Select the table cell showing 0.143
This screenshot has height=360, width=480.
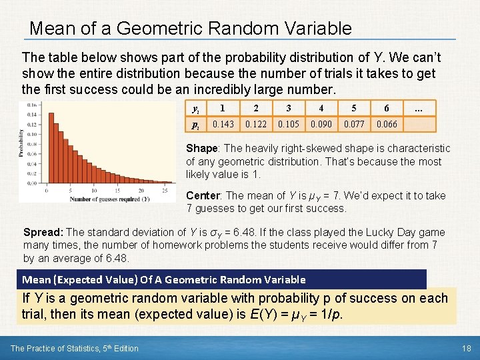(x=223, y=124)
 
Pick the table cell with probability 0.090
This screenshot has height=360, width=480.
(x=321, y=124)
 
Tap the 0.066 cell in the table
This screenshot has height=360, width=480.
(x=387, y=124)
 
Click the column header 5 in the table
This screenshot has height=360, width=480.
(x=354, y=109)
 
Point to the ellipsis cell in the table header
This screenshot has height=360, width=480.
(x=419, y=109)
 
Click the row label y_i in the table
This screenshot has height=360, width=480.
(x=195, y=109)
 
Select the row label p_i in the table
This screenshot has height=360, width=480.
(x=195, y=125)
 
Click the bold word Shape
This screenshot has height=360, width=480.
(x=201, y=148)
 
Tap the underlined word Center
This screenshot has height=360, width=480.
(x=204, y=195)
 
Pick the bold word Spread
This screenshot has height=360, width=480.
(x=43, y=233)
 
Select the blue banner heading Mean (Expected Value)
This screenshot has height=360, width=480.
(x=164, y=279)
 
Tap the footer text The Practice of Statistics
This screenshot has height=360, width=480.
(x=75, y=348)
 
